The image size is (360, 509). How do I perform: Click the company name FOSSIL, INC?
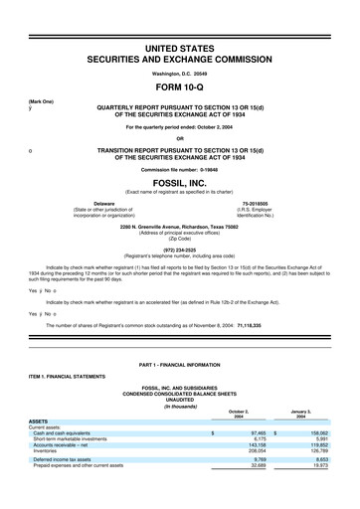pyautogui.click(x=180, y=183)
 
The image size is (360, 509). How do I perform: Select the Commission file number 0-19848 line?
pyautogui.click(x=180, y=169)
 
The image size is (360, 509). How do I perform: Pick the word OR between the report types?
pyautogui.click(x=180, y=137)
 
